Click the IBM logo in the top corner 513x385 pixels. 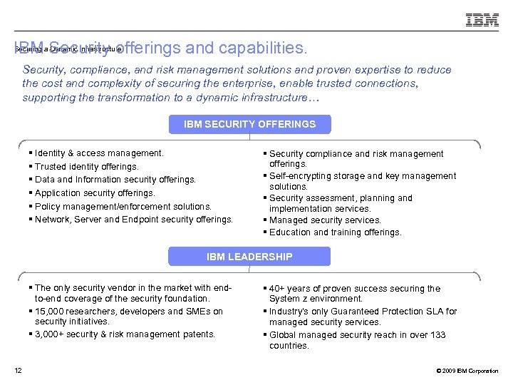[x=482, y=20]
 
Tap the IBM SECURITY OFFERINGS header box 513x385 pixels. [x=249, y=124]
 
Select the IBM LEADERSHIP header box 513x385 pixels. [x=249, y=257]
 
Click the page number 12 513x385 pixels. [x=19, y=370]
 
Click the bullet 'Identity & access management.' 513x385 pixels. [x=99, y=153]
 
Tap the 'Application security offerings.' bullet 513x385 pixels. [x=95, y=192]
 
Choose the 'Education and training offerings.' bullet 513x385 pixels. [x=336, y=232]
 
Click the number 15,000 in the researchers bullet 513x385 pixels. [x=51, y=311]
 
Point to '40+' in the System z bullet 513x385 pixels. [x=278, y=289]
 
